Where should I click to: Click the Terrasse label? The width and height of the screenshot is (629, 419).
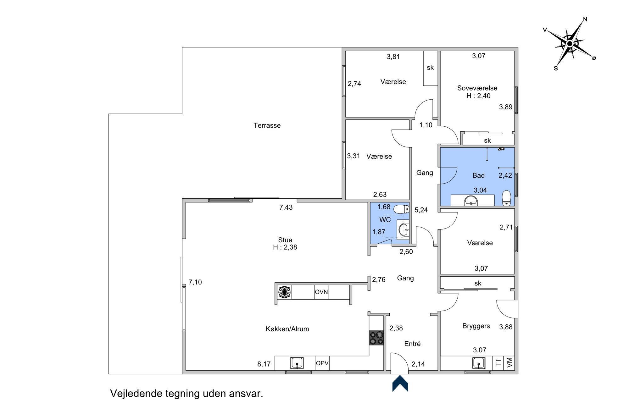[267, 125]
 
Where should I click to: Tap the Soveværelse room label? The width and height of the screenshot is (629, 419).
[477, 88]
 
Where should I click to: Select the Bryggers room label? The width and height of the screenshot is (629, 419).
[476, 326]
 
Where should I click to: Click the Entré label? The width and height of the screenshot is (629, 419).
[412, 344]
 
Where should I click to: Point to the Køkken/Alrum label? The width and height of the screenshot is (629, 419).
[287, 329]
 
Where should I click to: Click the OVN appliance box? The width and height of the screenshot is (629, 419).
[321, 292]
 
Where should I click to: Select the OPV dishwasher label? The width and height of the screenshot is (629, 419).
[322, 363]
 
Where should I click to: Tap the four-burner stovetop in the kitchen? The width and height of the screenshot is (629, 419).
[376, 338]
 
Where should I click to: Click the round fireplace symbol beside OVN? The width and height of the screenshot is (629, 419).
[285, 292]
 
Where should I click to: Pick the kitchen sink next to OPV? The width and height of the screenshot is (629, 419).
[297, 363]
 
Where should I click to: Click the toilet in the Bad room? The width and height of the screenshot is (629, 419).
[506, 198]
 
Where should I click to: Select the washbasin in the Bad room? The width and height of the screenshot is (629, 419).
[471, 201]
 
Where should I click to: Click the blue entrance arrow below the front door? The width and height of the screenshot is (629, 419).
[400, 383]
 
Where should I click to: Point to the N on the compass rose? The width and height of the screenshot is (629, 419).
[585, 19]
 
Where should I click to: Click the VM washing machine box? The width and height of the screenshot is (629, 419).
[509, 363]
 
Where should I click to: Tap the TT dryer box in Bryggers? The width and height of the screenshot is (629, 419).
[498, 363]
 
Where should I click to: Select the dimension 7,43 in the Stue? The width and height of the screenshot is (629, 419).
[286, 207]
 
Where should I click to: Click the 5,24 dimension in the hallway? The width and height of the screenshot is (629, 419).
[421, 210]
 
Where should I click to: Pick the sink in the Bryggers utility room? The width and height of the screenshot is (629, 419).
[478, 363]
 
